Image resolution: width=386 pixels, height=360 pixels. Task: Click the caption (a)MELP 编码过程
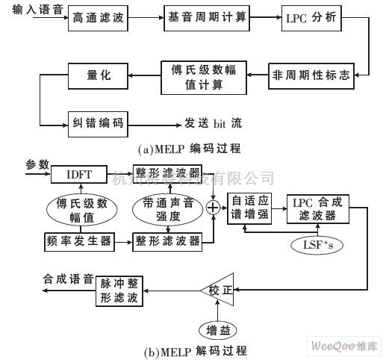(193, 147)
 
